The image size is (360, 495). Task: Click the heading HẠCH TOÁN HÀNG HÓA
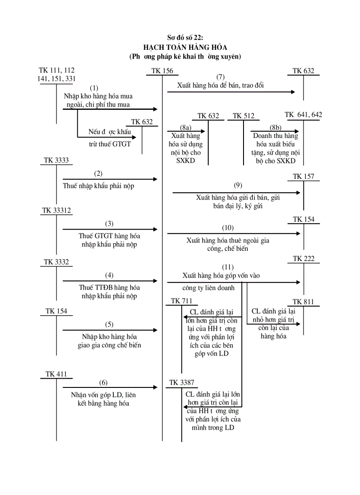pyautogui.click(x=184, y=47)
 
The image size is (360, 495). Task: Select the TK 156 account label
pyautogui.click(x=162, y=71)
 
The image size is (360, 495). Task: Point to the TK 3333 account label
pyautogui.click(x=56, y=160)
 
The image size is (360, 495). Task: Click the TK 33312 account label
pyautogui.click(x=56, y=211)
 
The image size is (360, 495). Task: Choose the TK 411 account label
pyautogui.click(x=56, y=374)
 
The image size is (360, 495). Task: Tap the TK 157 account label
pyautogui.click(x=304, y=177)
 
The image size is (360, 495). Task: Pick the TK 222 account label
pyautogui.click(x=304, y=259)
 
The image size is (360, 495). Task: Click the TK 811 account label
pyautogui.click(x=304, y=302)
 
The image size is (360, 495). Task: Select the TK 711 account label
pyautogui.click(x=182, y=301)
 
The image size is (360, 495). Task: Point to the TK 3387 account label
pyautogui.click(x=181, y=383)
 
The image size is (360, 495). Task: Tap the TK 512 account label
pyautogui.click(x=244, y=116)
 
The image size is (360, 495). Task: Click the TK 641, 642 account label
pyautogui.click(x=304, y=115)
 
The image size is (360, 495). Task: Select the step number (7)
pyautogui.click(x=221, y=77)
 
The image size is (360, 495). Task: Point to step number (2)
pyautogui.click(x=98, y=173)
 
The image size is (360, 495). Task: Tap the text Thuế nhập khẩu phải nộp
pyautogui.click(x=98, y=186)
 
